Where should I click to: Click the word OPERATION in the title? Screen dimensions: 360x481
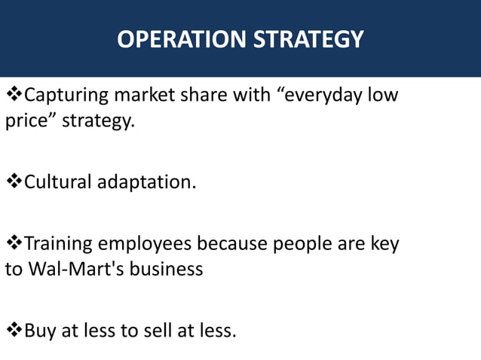coord(181,39)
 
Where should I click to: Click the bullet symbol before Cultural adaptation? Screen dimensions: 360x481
coord(14,182)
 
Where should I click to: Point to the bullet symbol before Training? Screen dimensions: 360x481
coord(14,244)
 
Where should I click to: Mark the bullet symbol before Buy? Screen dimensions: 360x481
coord(14,330)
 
